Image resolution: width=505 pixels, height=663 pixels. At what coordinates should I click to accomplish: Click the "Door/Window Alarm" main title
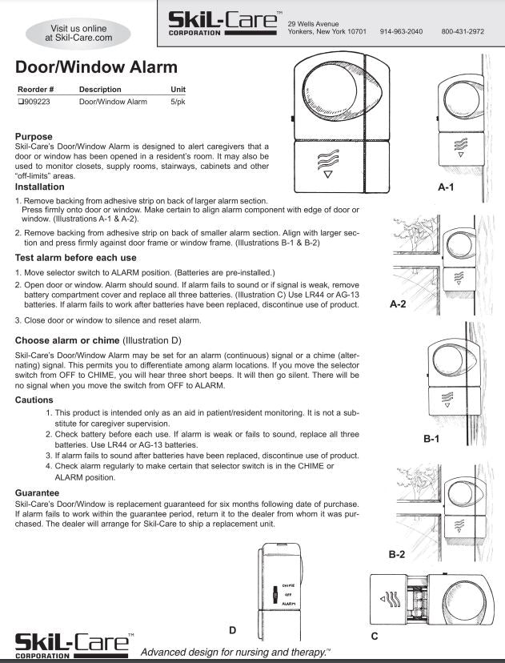coord(96,66)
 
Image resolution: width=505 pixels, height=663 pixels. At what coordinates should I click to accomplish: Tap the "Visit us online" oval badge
coord(78,31)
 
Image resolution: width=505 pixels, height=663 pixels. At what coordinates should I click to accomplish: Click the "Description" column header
coord(100,89)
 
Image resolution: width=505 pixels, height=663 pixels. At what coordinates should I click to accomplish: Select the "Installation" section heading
coord(40,187)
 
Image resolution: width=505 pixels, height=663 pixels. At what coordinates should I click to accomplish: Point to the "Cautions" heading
coord(35,399)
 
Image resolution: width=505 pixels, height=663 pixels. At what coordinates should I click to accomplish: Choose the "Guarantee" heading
coord(38,492)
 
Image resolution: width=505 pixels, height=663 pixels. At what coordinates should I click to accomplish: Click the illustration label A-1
coord(447,186)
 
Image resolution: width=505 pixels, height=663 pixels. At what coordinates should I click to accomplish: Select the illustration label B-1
coord(432,439)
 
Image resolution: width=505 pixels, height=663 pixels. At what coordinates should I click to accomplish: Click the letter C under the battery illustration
coord(375,636)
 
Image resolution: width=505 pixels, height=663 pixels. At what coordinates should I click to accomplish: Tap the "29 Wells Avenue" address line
coord(314,22)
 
